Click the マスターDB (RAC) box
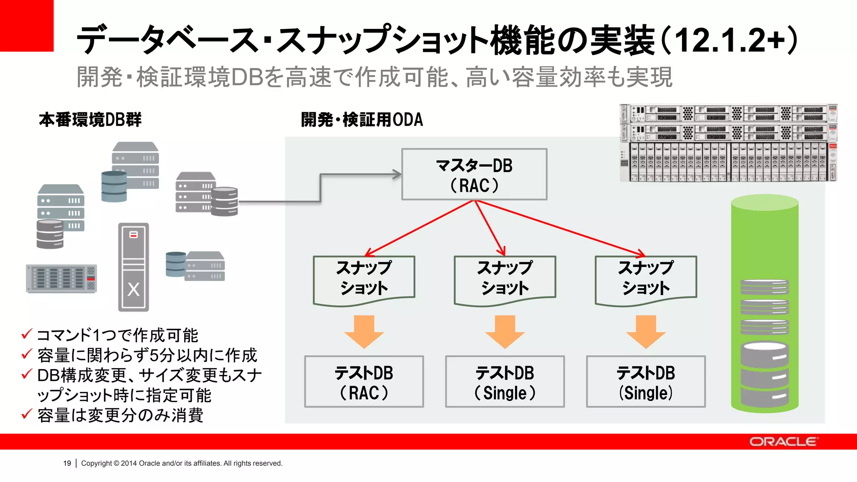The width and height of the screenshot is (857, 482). [474, 174]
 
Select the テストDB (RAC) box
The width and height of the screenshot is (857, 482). [364, 382]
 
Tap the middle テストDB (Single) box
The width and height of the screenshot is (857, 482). [505, 382]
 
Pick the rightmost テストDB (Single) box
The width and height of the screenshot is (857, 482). [646, 382]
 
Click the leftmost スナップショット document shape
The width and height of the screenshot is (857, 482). [364, 278]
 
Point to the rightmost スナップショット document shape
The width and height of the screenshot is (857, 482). [646, 278]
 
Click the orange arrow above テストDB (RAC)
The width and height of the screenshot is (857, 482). [364, 332]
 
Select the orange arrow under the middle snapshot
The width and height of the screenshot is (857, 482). [505, 332]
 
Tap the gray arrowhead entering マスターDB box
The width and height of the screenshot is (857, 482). [396, 174]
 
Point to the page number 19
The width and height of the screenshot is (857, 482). [67, 463]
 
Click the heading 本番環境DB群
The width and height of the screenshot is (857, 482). [90, 120]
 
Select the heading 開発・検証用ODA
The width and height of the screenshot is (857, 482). [362, 120]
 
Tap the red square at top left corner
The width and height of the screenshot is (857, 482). [26, 26]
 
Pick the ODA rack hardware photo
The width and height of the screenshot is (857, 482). [728, 143]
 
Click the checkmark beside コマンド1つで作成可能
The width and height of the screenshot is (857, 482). [27, 334]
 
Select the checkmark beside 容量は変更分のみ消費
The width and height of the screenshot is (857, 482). [27, 414]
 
